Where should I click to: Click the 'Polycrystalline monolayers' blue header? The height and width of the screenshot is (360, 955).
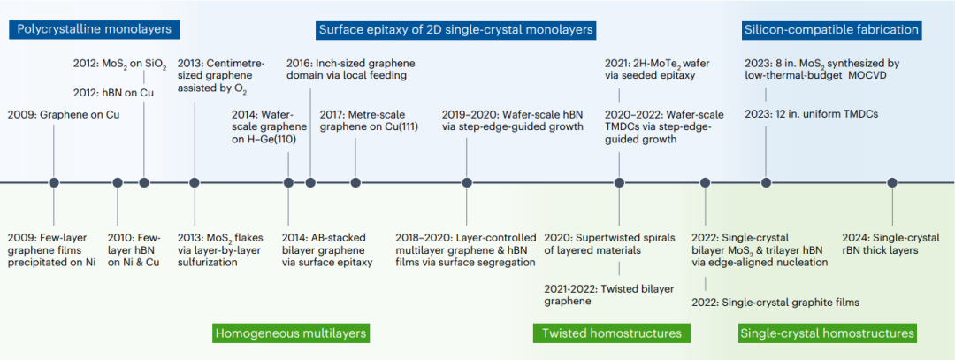95,29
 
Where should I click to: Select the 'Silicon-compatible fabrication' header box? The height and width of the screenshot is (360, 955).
830,29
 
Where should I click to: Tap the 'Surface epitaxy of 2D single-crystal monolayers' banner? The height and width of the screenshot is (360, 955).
456,29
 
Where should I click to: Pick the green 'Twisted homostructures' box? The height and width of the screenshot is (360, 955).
612,333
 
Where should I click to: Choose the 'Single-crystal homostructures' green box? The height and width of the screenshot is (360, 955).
827,333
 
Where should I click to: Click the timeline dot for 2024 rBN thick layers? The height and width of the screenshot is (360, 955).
892,182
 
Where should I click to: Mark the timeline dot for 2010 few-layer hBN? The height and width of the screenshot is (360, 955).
118,182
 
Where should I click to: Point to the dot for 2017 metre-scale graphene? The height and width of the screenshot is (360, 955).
355,182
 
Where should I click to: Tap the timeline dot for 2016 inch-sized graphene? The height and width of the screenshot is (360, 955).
310,182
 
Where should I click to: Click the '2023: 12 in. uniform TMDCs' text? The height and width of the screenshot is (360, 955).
811,114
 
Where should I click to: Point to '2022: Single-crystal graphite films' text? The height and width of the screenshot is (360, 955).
775,303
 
